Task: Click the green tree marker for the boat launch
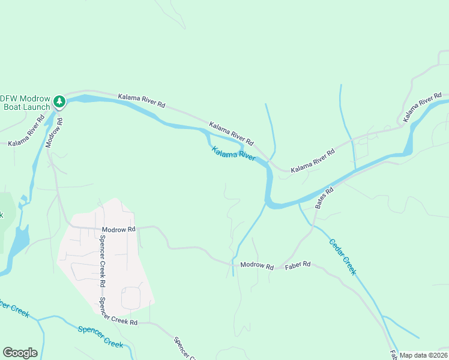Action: [x=59, y=101]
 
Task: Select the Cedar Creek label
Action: [x=343, y=257]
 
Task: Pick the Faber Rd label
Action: [x=298, y=264]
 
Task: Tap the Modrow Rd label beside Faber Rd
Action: [x=256, y=265]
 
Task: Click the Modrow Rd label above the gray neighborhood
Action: [x=119, y=229]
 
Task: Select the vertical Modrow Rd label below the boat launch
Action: [x=54, y=131]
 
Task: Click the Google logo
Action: [x=20, y=353]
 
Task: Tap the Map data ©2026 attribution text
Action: [x=423, y=355]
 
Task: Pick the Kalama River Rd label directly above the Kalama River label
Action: [x=231, y=134]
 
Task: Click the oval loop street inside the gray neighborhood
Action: [x=131, y=298]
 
